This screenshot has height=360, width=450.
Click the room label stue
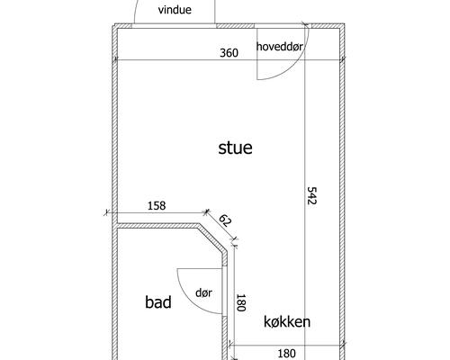[x=235, y=148]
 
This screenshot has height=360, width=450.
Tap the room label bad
[x=158, y=302]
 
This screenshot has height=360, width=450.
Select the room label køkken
[x=287, y=322]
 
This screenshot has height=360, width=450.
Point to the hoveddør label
[x=280, y=47]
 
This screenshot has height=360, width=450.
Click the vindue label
[x=175, y=10]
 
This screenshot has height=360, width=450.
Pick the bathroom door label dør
[x=203, y=292]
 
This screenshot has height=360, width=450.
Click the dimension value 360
[x=229, y=53]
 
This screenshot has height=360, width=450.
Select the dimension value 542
[x=312, y=195]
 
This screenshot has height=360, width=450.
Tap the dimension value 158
[x=157, y=206]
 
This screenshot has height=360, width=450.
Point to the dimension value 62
[x=225, y=221]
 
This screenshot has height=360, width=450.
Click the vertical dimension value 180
[x=241, y=302]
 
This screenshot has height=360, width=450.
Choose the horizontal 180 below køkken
[x=286, y=354]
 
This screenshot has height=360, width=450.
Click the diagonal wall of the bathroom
[x=212, y=238]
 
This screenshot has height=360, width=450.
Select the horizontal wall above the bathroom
[x=158, y=226]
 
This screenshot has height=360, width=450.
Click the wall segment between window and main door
[x=235, y=26]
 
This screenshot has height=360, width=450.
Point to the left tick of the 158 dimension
[x=106, y=212]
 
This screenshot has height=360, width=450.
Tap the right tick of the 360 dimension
[x=343, y=59]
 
